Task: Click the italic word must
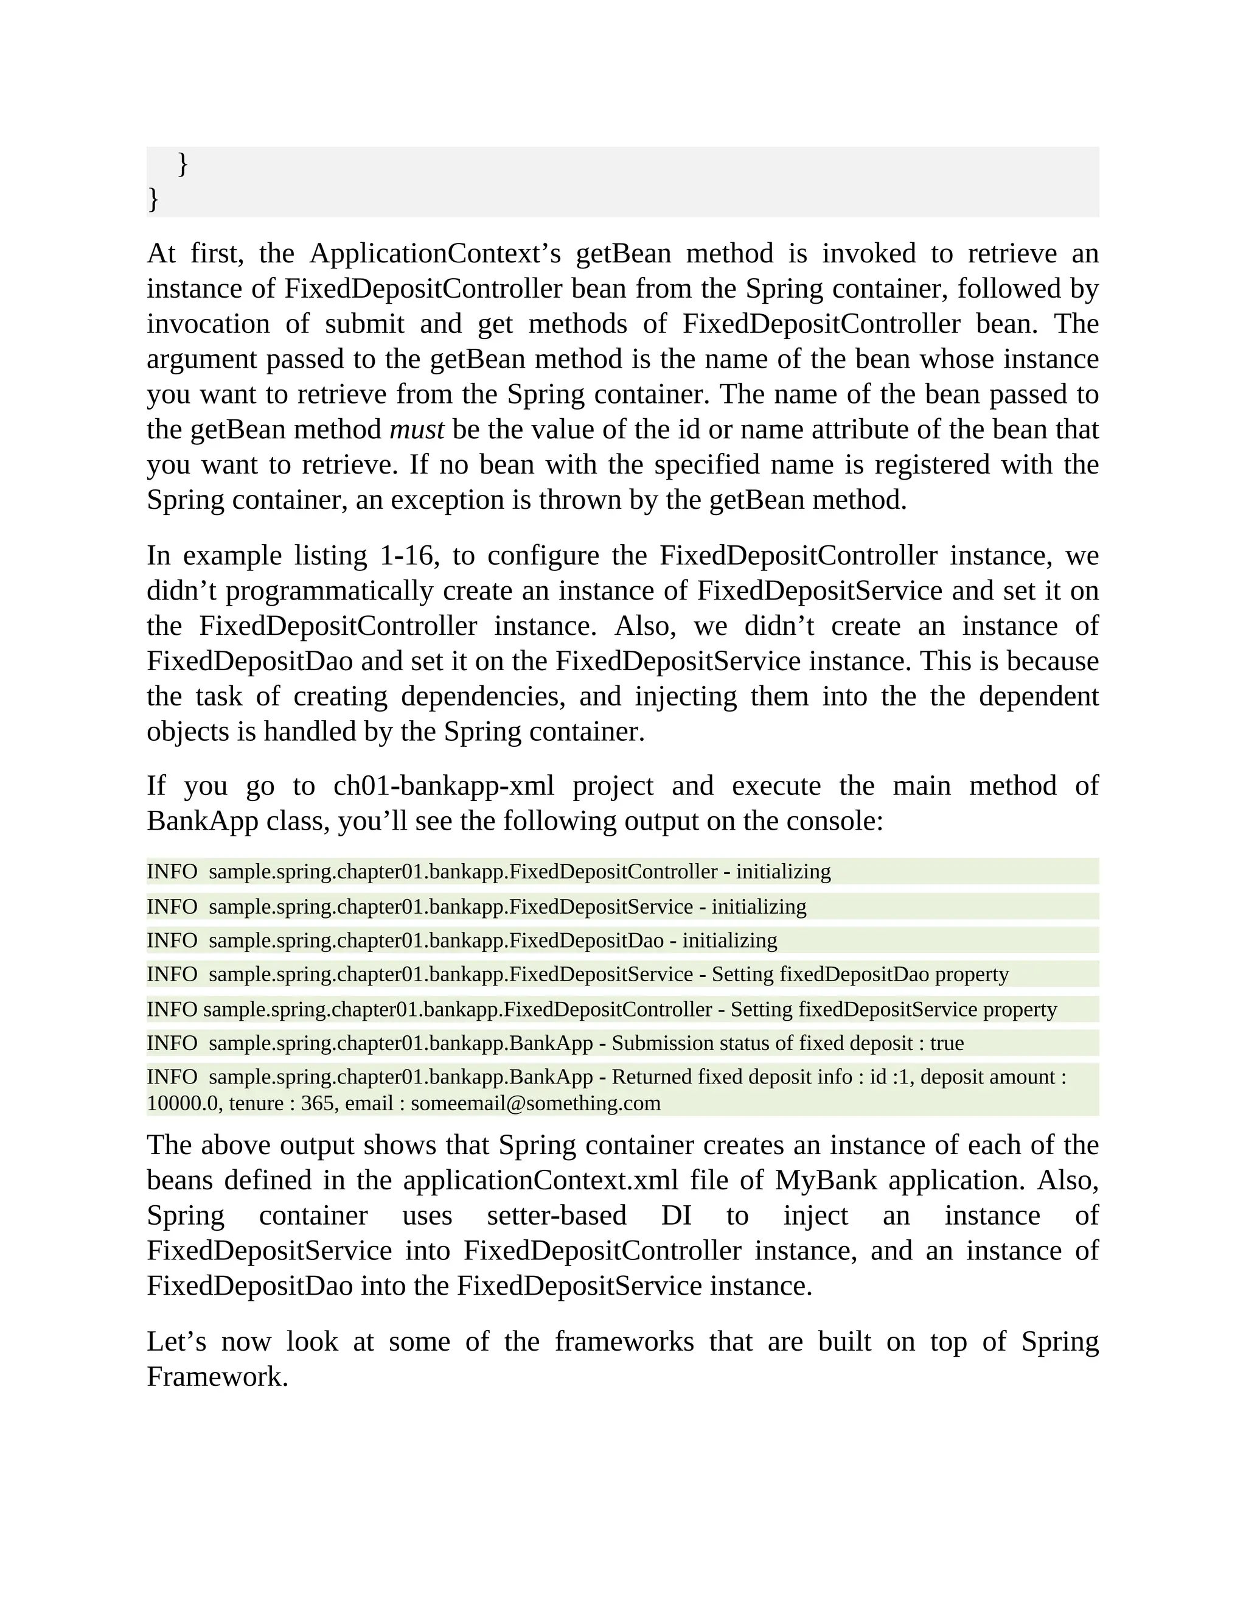[x=416, y=430]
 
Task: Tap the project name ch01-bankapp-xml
[x=443, y=786]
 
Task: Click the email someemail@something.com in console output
[x=535, y=1104]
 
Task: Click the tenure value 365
[x=318, y=1104]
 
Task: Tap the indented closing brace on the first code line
[x=183, y=164]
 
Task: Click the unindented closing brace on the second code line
[x=153, y=198]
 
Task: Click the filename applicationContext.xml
[x=540, y=1180]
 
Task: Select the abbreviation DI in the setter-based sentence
[x=675, y=1216]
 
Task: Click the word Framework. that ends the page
[x=217, y=1377]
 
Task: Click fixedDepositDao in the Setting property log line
[x=854, y=975]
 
